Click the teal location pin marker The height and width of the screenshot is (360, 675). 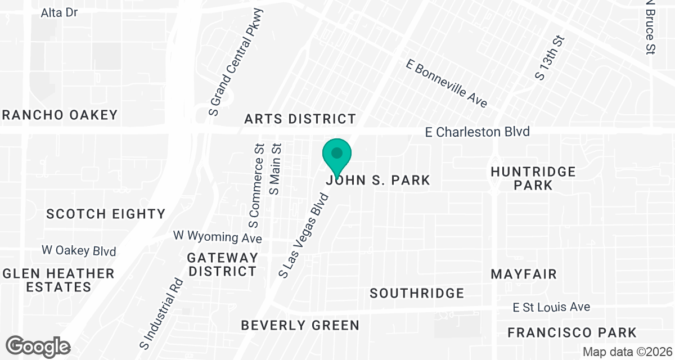coord(337,156)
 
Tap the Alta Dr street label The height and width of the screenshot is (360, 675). coord(59,12)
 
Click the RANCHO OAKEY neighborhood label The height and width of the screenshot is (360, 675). coord(60,115)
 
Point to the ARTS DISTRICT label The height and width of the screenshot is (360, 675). coord(300,119)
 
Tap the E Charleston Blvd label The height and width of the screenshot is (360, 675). coord(477,132)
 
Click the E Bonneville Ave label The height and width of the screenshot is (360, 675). coord(446,83)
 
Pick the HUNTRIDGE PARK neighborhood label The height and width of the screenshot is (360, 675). coord(533,178)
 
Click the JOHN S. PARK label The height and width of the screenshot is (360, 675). coord(378,181)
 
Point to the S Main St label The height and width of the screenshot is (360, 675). coord(275,168)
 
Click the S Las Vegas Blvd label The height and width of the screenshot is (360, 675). coord(303,235)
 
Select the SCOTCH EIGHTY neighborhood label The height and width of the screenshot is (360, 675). coord(106,214)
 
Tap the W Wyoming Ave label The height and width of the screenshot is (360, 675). coord(218,236)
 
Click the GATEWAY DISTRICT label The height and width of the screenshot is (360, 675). coord(222,264)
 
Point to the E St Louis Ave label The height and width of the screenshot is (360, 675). coord(551,307)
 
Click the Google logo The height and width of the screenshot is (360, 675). coord(38,346)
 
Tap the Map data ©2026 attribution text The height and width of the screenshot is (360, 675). coord(627,352)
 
